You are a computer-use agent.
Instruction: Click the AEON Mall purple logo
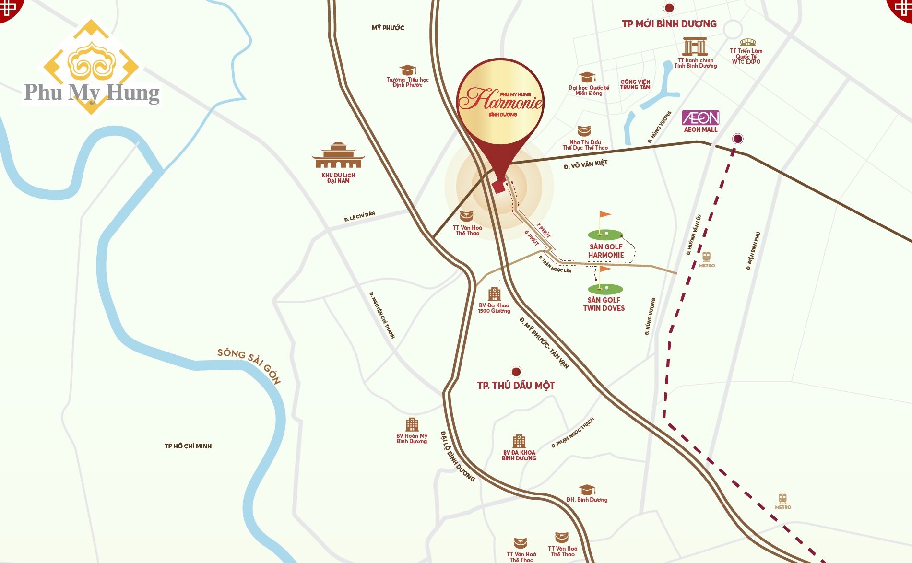click(700, 117)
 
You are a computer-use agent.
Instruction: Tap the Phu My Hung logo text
click(92, 92)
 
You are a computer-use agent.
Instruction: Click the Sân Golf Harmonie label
click(606, 251)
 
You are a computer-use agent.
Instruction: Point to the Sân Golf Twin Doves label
click(604, 304)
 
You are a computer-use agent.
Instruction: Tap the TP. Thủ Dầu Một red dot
click(516, 372)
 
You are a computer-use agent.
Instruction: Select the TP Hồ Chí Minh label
click(188, 446)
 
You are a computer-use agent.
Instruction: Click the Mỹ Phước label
click(388, 28)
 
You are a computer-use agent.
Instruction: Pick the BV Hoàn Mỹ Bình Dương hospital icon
click(412, 424)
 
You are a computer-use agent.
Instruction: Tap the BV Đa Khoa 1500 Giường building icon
click(494, 294)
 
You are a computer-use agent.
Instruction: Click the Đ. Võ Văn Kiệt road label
click(585, 164)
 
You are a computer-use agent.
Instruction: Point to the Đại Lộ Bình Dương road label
click(457, 456)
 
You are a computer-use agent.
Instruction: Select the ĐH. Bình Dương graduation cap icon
click(587, 490)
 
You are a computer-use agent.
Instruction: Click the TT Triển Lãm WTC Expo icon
click(747, 42)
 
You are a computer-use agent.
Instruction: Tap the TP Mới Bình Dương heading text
click(669, 24)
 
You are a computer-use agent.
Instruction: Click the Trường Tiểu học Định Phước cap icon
click(407, 70)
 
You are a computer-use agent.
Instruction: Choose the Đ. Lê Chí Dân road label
click(359, 216)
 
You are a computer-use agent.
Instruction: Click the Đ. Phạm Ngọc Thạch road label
click(573, 433)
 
